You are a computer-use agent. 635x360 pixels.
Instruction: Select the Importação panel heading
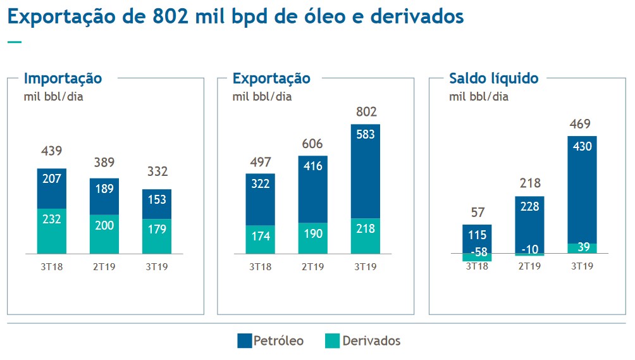tap(63, 78)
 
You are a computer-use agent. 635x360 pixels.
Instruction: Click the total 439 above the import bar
tap(52, 151)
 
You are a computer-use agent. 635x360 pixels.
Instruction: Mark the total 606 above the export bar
tap(313, 144)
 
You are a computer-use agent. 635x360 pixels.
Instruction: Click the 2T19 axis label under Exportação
tap(313, 267)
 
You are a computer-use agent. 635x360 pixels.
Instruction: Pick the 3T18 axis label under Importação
tap(52, 267)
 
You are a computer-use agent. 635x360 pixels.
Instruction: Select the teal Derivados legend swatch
tap(332, 341)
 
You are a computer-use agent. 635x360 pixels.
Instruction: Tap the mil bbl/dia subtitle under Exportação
tap(262, 97)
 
